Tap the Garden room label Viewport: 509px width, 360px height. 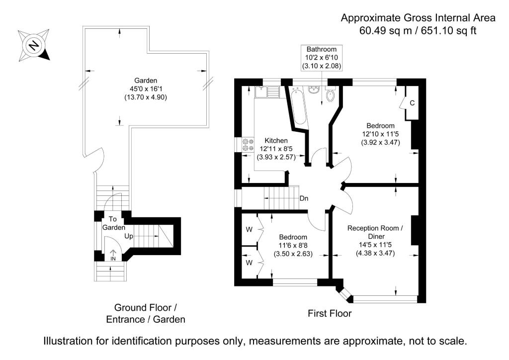pos(146,80)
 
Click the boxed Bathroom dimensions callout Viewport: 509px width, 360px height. pos(321,57)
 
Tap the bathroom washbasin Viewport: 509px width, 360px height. pos(314,90)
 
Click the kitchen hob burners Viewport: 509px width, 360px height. pos(247,144)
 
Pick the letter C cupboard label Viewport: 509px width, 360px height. pos(412,103)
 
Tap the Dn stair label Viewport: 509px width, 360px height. pos(304,198)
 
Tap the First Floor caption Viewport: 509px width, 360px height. pos(330,313)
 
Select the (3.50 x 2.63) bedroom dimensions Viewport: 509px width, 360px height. pos(293,254)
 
